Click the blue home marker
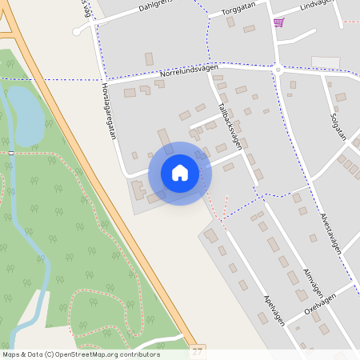click(x=180, y=173)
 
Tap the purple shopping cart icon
click(x=278, y=22)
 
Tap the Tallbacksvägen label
click(x=229, y=124)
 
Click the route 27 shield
click(x=197, y=351)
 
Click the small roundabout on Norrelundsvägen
click(x=277, y=70)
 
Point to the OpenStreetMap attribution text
click(x=81, y=354)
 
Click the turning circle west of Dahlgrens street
click(x=77, y=32)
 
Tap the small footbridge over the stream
click(x=11, y=152)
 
